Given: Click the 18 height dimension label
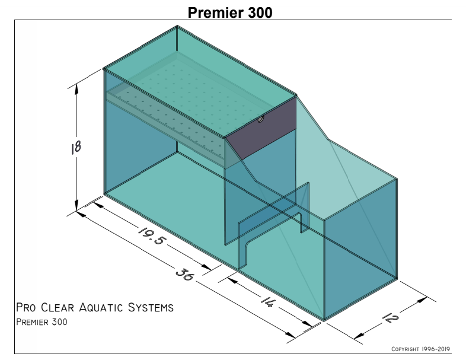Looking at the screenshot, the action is coord(76,148).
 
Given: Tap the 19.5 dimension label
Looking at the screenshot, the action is coord(151,236).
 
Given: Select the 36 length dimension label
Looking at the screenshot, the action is coord(185,275).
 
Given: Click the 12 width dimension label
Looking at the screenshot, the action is coord(391,318).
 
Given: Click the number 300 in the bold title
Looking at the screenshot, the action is coord(257,13).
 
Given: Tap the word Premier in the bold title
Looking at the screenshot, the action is coord(213,13).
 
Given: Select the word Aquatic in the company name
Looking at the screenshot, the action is coord(101,307).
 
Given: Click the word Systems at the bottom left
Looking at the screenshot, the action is coord(151,307).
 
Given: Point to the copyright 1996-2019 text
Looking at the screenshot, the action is coord(420,349).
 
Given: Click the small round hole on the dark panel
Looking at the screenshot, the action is coord(261,119).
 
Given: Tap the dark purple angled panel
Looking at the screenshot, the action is coord(261,128).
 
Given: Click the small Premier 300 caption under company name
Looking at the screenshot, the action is coord(42,322).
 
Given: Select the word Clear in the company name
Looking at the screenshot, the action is coord(58,307).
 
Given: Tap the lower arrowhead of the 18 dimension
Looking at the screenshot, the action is coord(76,205).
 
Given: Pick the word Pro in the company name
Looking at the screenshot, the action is coord(26,307).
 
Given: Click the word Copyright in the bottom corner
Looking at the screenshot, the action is coord(405,349).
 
